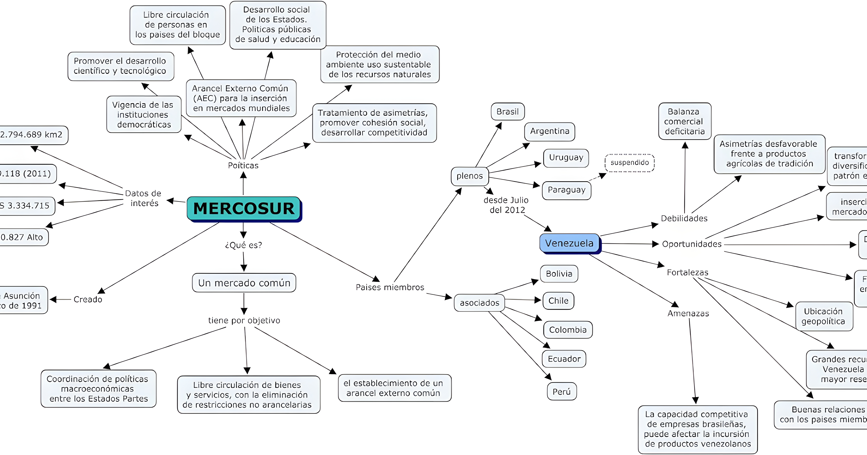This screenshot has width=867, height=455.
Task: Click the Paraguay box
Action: pos(566,190)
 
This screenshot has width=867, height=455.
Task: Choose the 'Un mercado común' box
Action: pos(244,283)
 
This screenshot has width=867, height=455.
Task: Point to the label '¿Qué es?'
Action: pos(243,245)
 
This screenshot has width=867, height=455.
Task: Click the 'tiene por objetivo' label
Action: pos(244,320)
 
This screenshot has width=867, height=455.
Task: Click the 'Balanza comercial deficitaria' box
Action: pos(685,122)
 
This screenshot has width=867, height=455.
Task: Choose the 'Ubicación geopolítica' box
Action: pos(824,316)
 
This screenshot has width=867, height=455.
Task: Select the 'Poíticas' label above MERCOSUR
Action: pos(243,165)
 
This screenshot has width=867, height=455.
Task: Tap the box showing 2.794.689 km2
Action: pos(32,135)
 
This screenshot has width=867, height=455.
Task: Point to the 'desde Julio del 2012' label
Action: pos(506,205)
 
